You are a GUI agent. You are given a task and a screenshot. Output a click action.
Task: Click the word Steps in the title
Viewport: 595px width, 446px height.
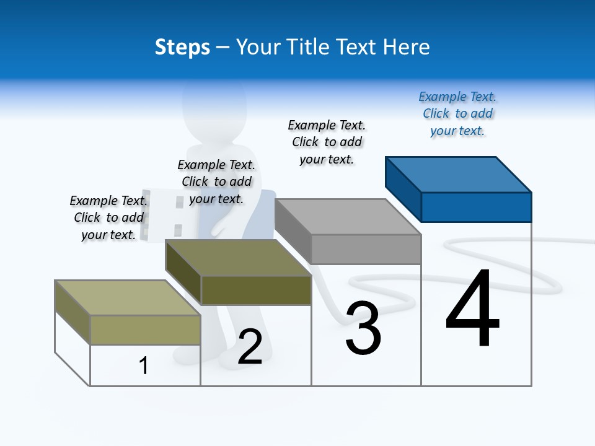182,47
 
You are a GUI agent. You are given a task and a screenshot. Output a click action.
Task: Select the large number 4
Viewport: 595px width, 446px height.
473,309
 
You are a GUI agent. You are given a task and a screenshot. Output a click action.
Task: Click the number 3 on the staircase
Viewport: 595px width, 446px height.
363,329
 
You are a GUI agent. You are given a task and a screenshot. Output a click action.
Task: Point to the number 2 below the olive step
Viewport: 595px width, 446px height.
250,347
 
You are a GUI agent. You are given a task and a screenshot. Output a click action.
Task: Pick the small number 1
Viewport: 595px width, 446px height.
144,365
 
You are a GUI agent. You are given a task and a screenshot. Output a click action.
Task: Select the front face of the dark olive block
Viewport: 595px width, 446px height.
256,290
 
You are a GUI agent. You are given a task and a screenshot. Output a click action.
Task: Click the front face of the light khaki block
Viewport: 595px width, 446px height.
145,330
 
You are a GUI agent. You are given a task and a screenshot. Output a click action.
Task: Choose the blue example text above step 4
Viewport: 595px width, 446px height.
457,114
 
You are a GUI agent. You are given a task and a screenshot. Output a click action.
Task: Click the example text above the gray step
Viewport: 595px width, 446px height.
327,142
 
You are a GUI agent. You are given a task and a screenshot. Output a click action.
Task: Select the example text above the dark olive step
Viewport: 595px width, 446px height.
216,182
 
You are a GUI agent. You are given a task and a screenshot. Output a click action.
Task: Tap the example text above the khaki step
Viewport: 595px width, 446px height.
108,218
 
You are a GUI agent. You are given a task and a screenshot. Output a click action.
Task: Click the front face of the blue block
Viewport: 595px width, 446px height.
476,207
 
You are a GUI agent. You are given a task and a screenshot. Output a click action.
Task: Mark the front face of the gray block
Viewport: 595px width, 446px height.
366,249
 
